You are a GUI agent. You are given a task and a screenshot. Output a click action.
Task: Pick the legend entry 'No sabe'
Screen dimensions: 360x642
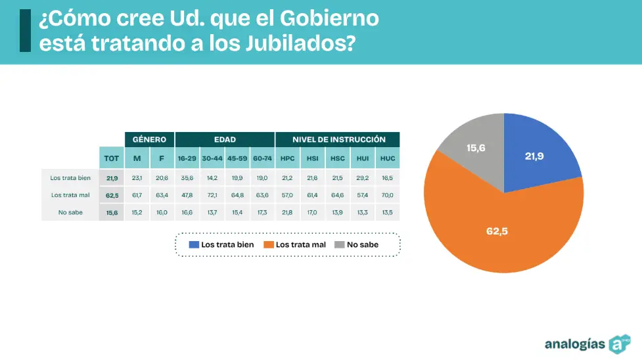tap(356, 244)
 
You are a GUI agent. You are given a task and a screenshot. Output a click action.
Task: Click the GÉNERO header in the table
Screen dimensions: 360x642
tap(150, 139)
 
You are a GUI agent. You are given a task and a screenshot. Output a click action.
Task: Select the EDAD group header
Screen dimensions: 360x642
tap(225, 139)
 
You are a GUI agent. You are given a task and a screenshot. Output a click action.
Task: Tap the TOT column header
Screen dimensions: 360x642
tap(112, 158)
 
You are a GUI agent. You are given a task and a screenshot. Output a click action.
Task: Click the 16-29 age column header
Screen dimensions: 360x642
tap(187, 158)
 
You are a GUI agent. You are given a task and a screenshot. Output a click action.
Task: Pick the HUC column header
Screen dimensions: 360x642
tap(388, 158)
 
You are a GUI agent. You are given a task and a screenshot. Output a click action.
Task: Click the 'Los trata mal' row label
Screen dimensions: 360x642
tap(69, 195)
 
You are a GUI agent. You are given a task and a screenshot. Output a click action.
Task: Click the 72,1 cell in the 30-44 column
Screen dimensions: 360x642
tap(212, 195)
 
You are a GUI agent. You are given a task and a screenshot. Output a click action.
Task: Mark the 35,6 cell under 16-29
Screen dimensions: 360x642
tap(187, 178)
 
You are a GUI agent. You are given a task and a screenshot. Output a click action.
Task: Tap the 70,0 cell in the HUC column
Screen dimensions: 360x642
tap(388, 195)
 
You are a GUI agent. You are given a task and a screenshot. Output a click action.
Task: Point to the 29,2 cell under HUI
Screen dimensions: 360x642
tap(362, 178)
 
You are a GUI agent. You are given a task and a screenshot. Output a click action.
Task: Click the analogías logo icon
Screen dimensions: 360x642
tap(619, 344)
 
